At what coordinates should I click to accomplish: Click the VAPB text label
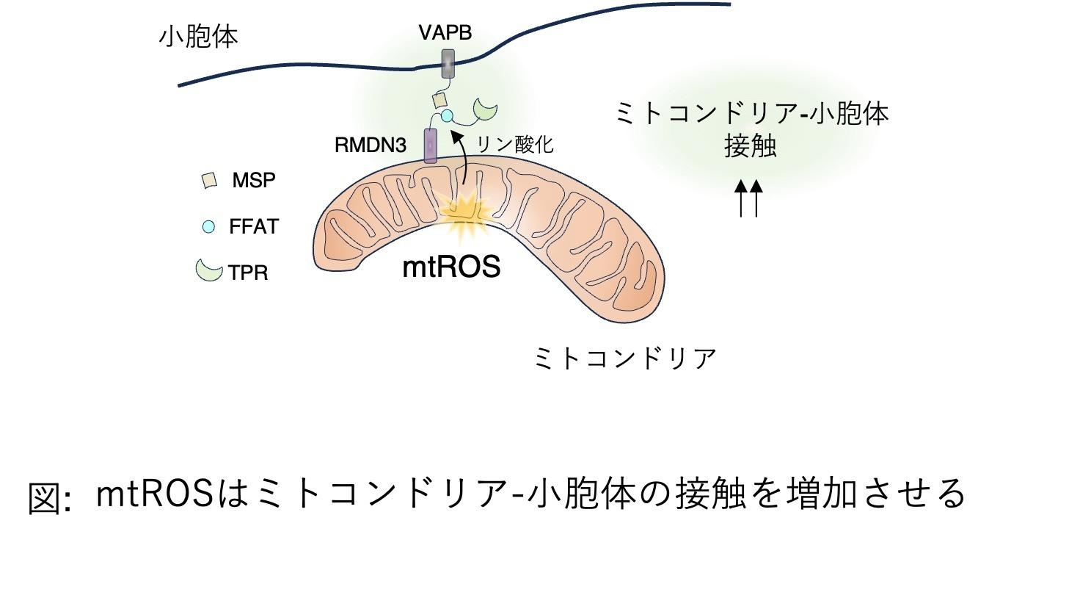coord(445,33)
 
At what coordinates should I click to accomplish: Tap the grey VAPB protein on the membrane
coord(447,63)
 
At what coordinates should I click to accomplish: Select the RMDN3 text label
coord(370,145)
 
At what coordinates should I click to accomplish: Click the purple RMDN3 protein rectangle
coord(430,145)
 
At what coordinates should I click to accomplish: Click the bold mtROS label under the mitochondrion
coord(451,267)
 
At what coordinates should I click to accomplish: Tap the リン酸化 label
coord(514,144)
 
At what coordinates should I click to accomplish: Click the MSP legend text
coord(254,180)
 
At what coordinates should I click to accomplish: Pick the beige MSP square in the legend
coord(209,180)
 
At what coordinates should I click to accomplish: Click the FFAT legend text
coord(254,226)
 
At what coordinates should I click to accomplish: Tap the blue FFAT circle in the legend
coord(208,227)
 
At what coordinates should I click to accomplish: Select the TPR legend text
coord(248,273)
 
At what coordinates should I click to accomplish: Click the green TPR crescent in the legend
coord(208,270)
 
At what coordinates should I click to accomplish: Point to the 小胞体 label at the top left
coord(199,36)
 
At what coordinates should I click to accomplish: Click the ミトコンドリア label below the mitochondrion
coord(624,358)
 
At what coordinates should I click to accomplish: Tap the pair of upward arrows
coord(749,198)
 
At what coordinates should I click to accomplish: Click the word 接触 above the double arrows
coord(750,145)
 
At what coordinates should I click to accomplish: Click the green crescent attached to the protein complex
coord(485,109)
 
